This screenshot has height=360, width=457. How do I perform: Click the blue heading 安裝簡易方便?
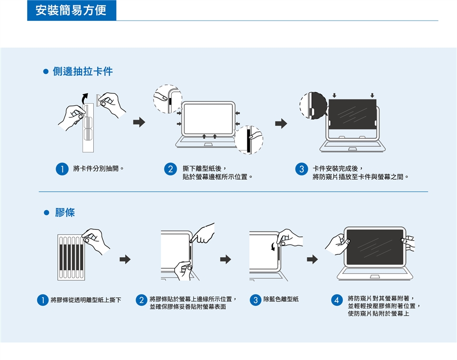(71, 10)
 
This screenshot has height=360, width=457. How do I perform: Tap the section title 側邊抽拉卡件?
(83, 71)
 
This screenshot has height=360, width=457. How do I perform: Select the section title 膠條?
(65, 212)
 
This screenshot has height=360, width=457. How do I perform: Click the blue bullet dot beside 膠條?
(46, 213)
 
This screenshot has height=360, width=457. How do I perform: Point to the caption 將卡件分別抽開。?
(99, 168)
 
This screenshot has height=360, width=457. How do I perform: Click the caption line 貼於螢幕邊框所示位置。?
(218, 177)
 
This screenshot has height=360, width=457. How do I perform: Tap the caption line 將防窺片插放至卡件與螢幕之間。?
(360, 177)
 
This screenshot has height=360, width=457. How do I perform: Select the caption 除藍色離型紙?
(281, 299)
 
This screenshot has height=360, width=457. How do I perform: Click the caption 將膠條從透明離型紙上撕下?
(86, 300)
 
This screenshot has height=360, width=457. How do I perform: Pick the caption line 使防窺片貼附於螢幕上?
(378, 314)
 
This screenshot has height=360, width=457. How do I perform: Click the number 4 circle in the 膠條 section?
(337, 300)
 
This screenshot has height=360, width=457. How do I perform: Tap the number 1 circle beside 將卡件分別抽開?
(62, 169)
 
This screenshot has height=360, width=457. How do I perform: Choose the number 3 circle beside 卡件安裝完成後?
(302, 169)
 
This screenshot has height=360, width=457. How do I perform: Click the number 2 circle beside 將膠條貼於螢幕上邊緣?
(141, 300)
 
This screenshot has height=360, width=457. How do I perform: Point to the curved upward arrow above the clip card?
(84, 99)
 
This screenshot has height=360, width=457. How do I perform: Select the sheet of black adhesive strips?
(71, 257)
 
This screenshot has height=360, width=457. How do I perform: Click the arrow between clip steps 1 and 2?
(139, 122)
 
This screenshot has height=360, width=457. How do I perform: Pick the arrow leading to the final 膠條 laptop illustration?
(312, 259)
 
